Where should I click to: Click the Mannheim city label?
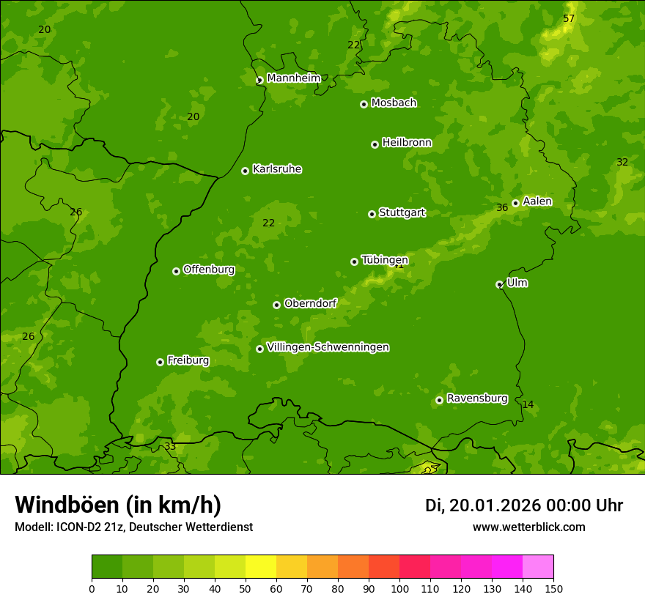(x=293, y=78)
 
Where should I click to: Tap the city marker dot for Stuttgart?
(x=372, y=214)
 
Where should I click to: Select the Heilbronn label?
(x=407, y=142)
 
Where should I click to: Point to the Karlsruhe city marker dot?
(x=245, y=171)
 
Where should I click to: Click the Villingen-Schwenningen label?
(x=328, y=346)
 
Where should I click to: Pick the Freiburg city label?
(x=188, y=360)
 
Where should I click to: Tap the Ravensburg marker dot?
(x=439, y=400)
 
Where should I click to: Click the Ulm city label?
(x=517, y=282)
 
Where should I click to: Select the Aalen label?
(x=537, y=201)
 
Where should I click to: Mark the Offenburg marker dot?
(x=176, y=271)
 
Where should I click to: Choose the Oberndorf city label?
(x=310, y=303)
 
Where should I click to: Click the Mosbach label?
(x=394, y=103)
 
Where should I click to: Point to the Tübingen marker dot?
(x=354, y=262)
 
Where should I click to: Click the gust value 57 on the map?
(x=569, y=18)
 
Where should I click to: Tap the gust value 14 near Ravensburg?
(x=528, y=404)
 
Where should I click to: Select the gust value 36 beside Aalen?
(x=502, y=207)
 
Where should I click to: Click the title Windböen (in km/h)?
(x=118, y=505)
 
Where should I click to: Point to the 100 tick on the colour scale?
(x=399, y=588)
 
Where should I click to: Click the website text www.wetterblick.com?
(x=528, y=527)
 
